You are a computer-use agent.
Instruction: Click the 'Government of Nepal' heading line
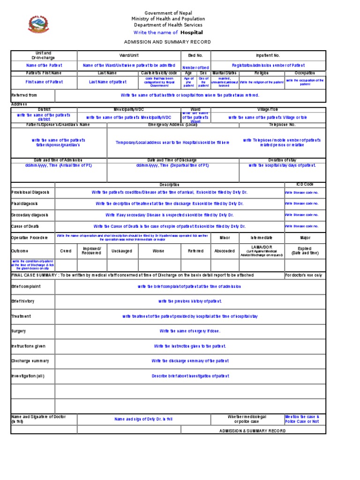[x=168, y=13]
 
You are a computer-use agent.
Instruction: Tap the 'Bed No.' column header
[x=195, y=55]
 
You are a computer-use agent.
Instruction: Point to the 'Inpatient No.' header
[x=268, y=55]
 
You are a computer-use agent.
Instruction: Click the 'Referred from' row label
[x=24, y=95]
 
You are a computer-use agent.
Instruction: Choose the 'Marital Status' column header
[x=225, y=73]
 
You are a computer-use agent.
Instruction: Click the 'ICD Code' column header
[x=305, y=184]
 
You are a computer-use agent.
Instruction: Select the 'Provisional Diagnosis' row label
[x=30, y=193]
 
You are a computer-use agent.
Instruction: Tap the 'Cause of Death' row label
[x=26, y=226]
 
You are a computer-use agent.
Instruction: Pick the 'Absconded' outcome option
[x=224, y=251]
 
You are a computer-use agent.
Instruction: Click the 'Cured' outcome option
[x=66, y=251]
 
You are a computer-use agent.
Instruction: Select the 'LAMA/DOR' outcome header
[x=262, y=247]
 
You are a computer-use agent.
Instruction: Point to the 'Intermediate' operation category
[x=262, y=238]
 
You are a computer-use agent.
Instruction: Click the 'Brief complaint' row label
[x=26, y=286]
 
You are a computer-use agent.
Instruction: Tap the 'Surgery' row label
[x=19, y=331]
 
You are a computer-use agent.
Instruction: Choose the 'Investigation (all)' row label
[x=28, y=376]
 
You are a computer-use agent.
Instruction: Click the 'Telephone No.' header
[x=282, y=125]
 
